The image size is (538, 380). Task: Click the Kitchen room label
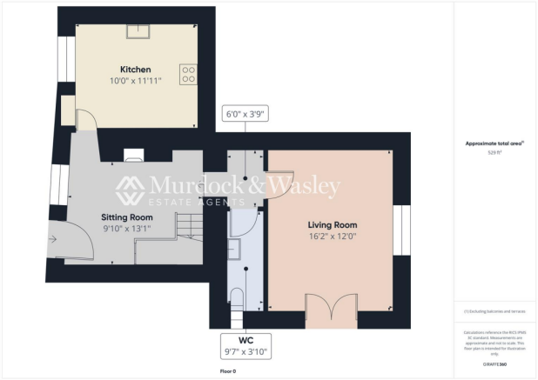(x=135, y=70)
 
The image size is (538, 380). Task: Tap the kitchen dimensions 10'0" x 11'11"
(x=135, y=81)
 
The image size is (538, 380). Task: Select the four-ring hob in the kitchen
(x=187, y=74)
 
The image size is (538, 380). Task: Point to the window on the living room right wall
(x=401, y=230)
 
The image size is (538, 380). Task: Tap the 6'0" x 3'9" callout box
(x=245, y=113)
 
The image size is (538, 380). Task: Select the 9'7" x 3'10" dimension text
(x=245, y=351)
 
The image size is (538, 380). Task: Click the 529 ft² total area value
(x=494, y=151)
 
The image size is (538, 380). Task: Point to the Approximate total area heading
(x=494, y=143)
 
